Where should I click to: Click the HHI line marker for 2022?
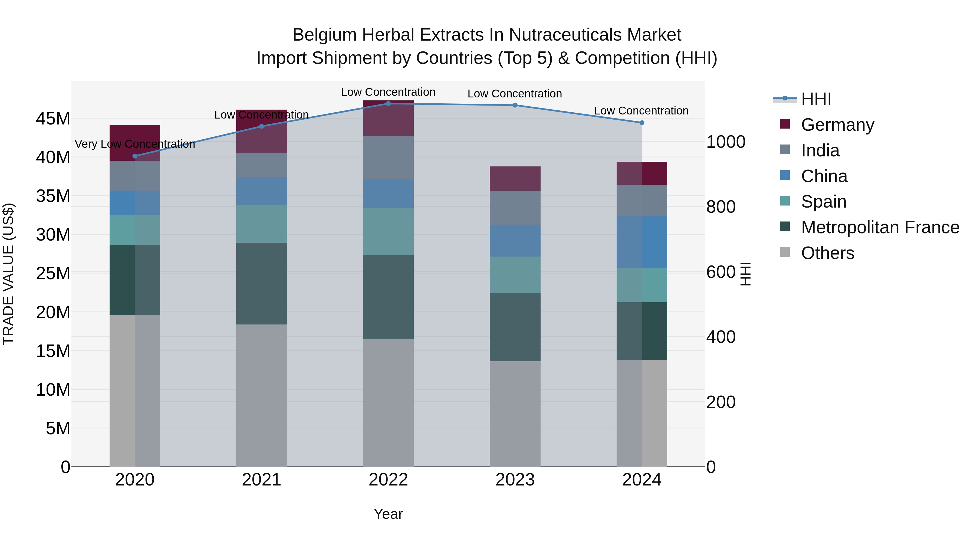pos(388,103)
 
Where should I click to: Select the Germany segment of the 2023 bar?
pos(515,179)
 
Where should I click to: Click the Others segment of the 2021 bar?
pos(261,395)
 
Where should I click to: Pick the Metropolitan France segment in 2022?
pos(388,297)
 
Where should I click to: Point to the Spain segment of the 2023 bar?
pos(515,275)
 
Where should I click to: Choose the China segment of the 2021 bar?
pos(261,191)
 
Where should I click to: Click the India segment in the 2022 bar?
pos(388,158)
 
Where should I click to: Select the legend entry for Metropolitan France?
pos(880,227)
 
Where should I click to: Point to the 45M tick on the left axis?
pos(53,119)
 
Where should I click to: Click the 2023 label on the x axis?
pos(515,480)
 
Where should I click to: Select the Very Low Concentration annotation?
pos(135,144)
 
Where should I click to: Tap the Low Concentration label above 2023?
pos(515,93)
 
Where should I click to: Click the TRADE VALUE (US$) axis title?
pos(8,274)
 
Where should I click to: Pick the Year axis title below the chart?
pos(388,514)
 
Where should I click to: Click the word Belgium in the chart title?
pos(324,35)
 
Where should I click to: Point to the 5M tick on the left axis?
pos(57,428)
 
